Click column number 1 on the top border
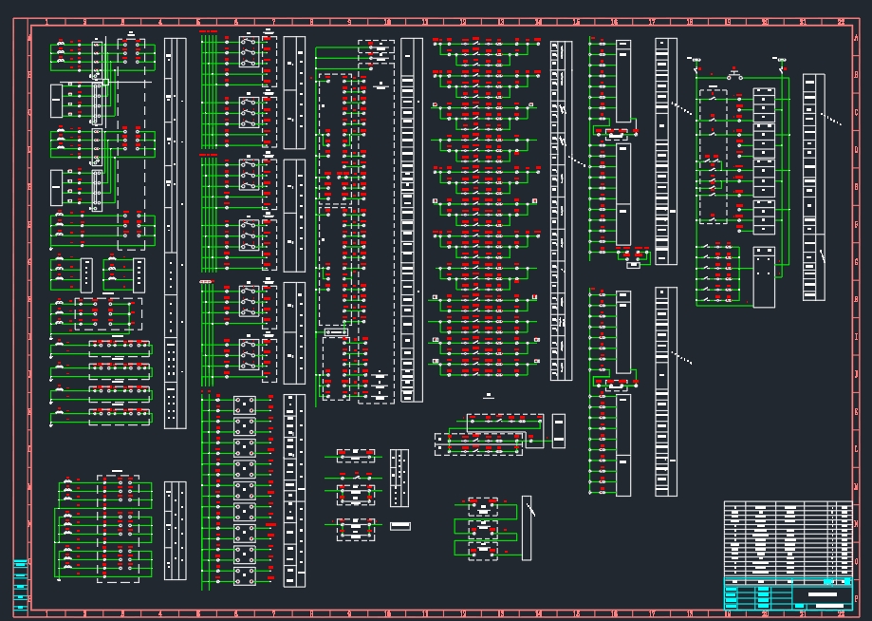pyautogui.click(x=46, y=21)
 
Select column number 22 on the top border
pyautogui.click(x=841, y=21)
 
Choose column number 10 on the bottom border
pyautogui.click(x=387, y=613)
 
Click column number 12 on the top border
pyautogui.click(x=463, y=21)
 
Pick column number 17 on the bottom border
pyautogui.click(x=652, y=613)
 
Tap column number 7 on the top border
pyautogui.click(x=273, y=21)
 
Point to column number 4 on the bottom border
pyautogui.click(x=160, y=613)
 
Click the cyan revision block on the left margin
pyautogui.click(x=20, y=581)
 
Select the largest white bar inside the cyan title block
pyautogui.click(x=822, y=594)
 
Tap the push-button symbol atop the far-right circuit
pyautogui.click(x=734, y=74)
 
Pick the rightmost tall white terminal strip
pyautogui.click(x=813, y=186)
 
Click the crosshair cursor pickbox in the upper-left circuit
pyautogui.click(x=105, y=83)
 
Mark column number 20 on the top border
pyautogui.click(x=765, y=21)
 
